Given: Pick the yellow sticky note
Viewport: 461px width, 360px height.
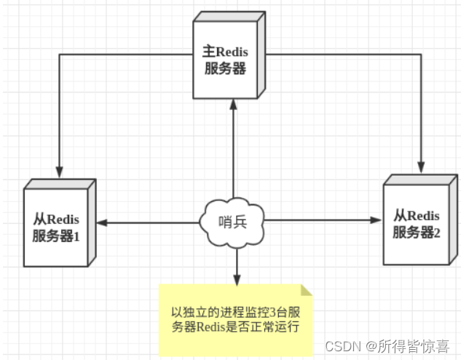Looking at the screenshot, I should [x=236, y=321].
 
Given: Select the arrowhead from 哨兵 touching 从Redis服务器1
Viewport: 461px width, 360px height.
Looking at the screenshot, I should [x=103, y=222].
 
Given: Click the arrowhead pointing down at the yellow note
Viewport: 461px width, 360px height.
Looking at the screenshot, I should [x=236, y=280].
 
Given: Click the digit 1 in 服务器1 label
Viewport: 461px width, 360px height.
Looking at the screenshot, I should [x=75, y=236].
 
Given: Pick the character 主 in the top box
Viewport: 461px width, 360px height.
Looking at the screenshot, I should [x=207, y=52].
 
